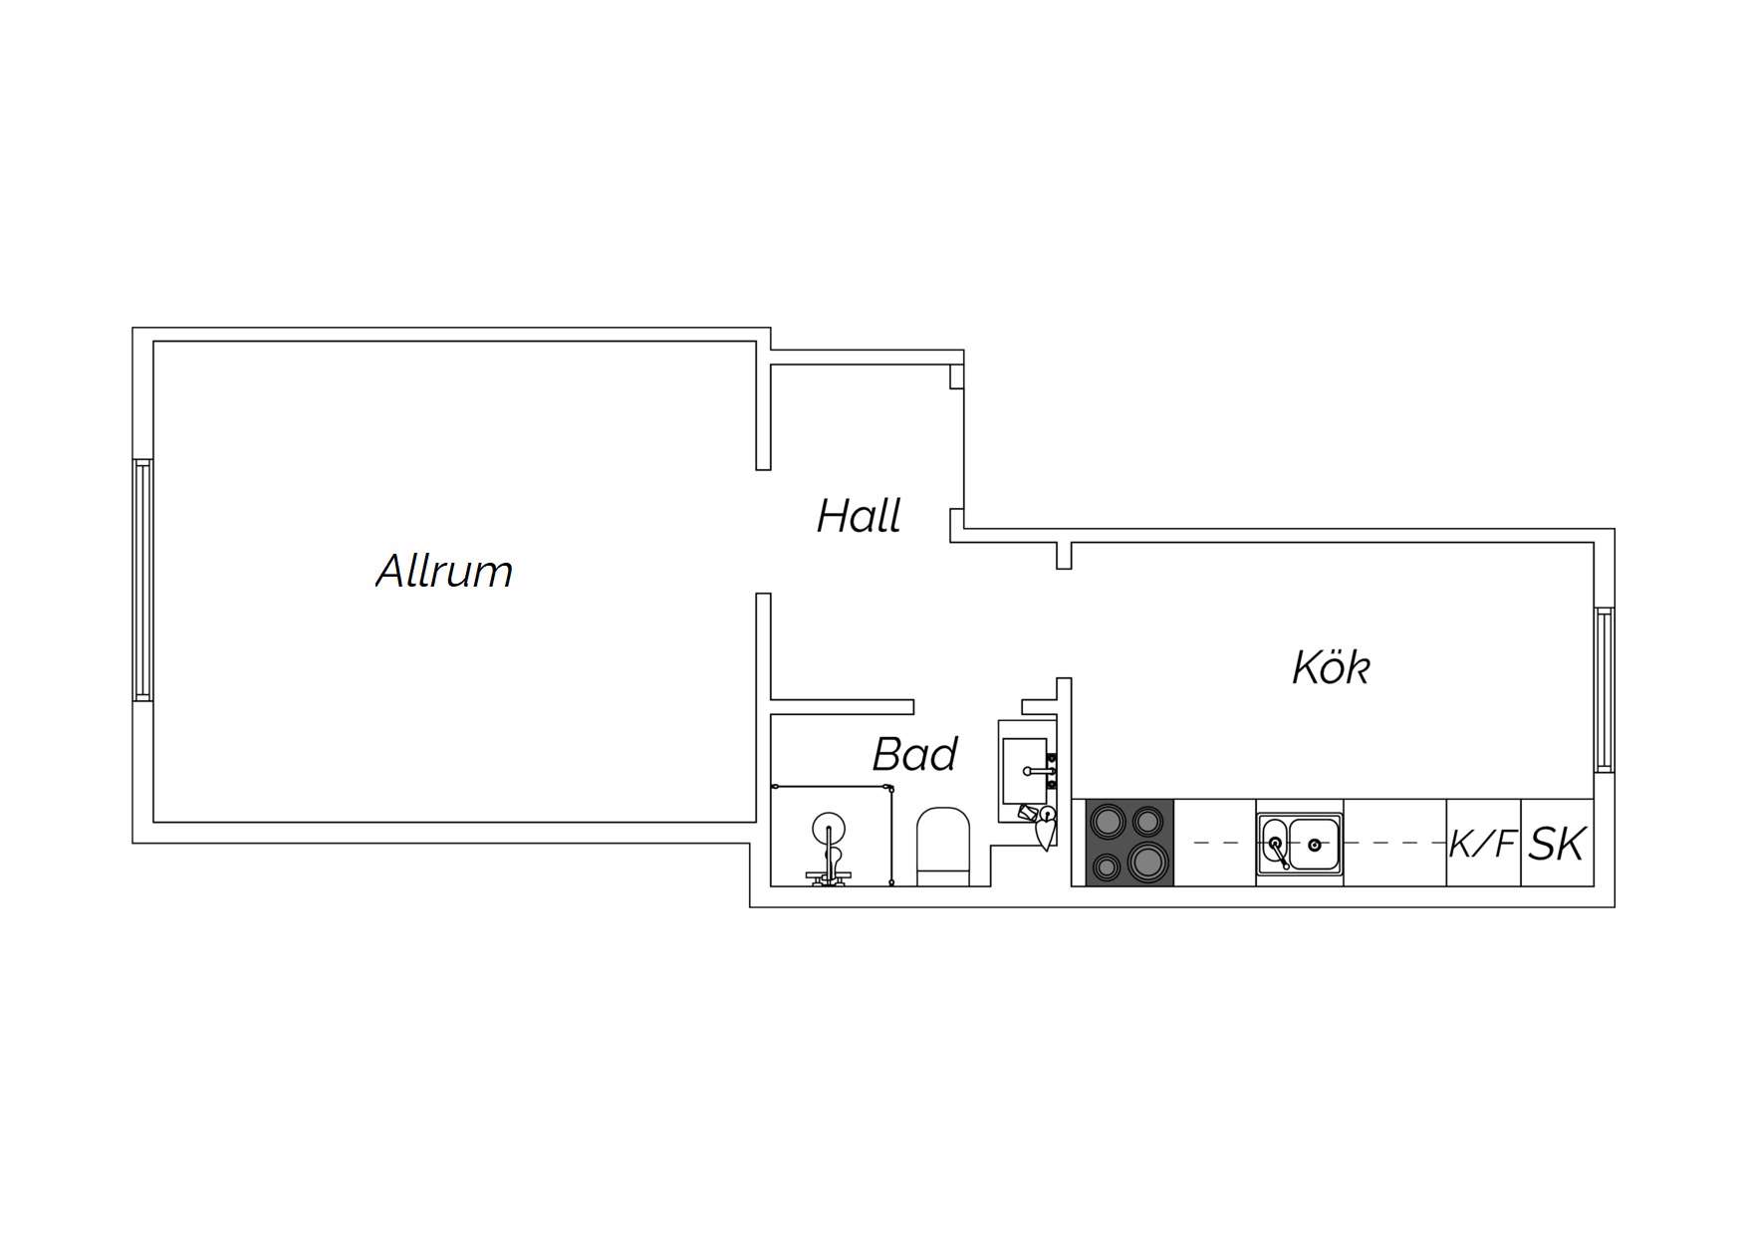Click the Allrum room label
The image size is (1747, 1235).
444,571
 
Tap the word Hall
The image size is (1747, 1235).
859,516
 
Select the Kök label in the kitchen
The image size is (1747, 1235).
1331,666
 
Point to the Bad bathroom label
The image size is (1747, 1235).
914,754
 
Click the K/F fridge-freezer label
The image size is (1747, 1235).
1483,845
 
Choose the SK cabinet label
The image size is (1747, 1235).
1557,844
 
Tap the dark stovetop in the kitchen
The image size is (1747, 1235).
1129,843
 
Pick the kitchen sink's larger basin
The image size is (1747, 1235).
1315,844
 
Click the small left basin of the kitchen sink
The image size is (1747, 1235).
1275,843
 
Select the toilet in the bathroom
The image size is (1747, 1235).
942,847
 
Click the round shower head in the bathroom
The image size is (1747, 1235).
829,828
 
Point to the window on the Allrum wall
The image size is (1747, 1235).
142,581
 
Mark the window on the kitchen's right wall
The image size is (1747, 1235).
1604,689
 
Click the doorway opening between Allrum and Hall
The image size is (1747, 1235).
764,532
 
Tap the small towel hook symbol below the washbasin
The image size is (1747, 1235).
1043,827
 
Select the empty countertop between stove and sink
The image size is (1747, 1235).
1215,843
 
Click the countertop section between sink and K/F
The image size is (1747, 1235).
1395,843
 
